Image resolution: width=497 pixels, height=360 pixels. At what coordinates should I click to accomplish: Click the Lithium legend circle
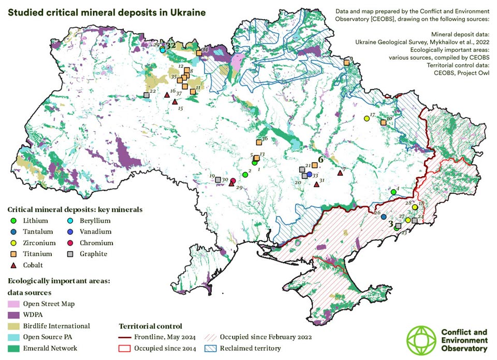14,221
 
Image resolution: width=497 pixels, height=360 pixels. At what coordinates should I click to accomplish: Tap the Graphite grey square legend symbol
70,254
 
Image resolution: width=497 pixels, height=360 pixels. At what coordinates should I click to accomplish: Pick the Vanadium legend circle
70,232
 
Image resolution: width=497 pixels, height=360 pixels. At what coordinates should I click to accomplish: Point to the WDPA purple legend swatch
14,315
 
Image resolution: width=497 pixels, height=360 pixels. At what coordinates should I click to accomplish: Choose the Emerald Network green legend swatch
14,349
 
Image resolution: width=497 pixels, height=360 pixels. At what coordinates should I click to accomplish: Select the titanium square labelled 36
259,142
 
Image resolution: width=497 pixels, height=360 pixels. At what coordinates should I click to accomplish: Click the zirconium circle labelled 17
367,119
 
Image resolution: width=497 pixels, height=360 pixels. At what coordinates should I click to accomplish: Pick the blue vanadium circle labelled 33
309,175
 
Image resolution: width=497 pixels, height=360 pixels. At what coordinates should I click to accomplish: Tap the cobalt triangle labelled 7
340,173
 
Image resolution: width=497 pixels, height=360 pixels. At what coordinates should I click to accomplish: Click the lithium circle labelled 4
393,192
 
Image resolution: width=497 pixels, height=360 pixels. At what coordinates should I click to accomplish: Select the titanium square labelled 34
199,53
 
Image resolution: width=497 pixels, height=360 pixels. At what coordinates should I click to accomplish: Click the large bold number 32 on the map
170,46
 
